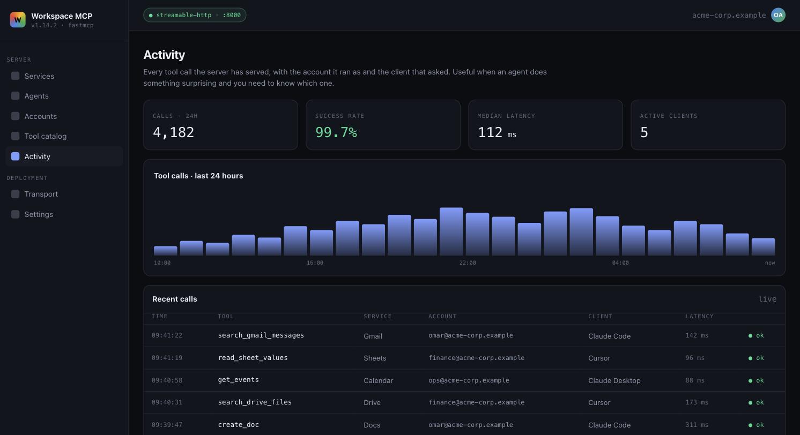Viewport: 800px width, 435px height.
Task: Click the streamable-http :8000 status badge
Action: point(195,15)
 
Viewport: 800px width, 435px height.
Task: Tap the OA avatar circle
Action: point(778,15)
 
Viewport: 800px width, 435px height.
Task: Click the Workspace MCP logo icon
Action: point(18,19)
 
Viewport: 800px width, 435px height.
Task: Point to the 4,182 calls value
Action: point(173,132)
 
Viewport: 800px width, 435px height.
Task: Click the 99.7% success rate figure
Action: point(336,132)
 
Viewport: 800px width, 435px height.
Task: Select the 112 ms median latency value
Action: point(497,132)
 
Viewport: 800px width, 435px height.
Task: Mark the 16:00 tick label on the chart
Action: point(315,262)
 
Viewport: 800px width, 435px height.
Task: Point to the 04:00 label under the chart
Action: point(620,262)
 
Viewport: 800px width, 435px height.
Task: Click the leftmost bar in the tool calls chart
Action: point(165,251)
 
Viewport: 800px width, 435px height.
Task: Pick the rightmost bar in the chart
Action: point(763,246)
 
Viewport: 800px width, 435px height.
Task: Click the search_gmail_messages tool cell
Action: point(261,335)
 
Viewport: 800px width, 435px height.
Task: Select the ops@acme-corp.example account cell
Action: point(469,380)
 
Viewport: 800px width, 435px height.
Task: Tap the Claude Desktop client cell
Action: point(614,380)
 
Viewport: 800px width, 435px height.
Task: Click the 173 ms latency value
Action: point(697,402)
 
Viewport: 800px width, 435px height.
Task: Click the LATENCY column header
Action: point(699,316)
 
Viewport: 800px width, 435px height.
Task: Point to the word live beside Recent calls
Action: point(767,299)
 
